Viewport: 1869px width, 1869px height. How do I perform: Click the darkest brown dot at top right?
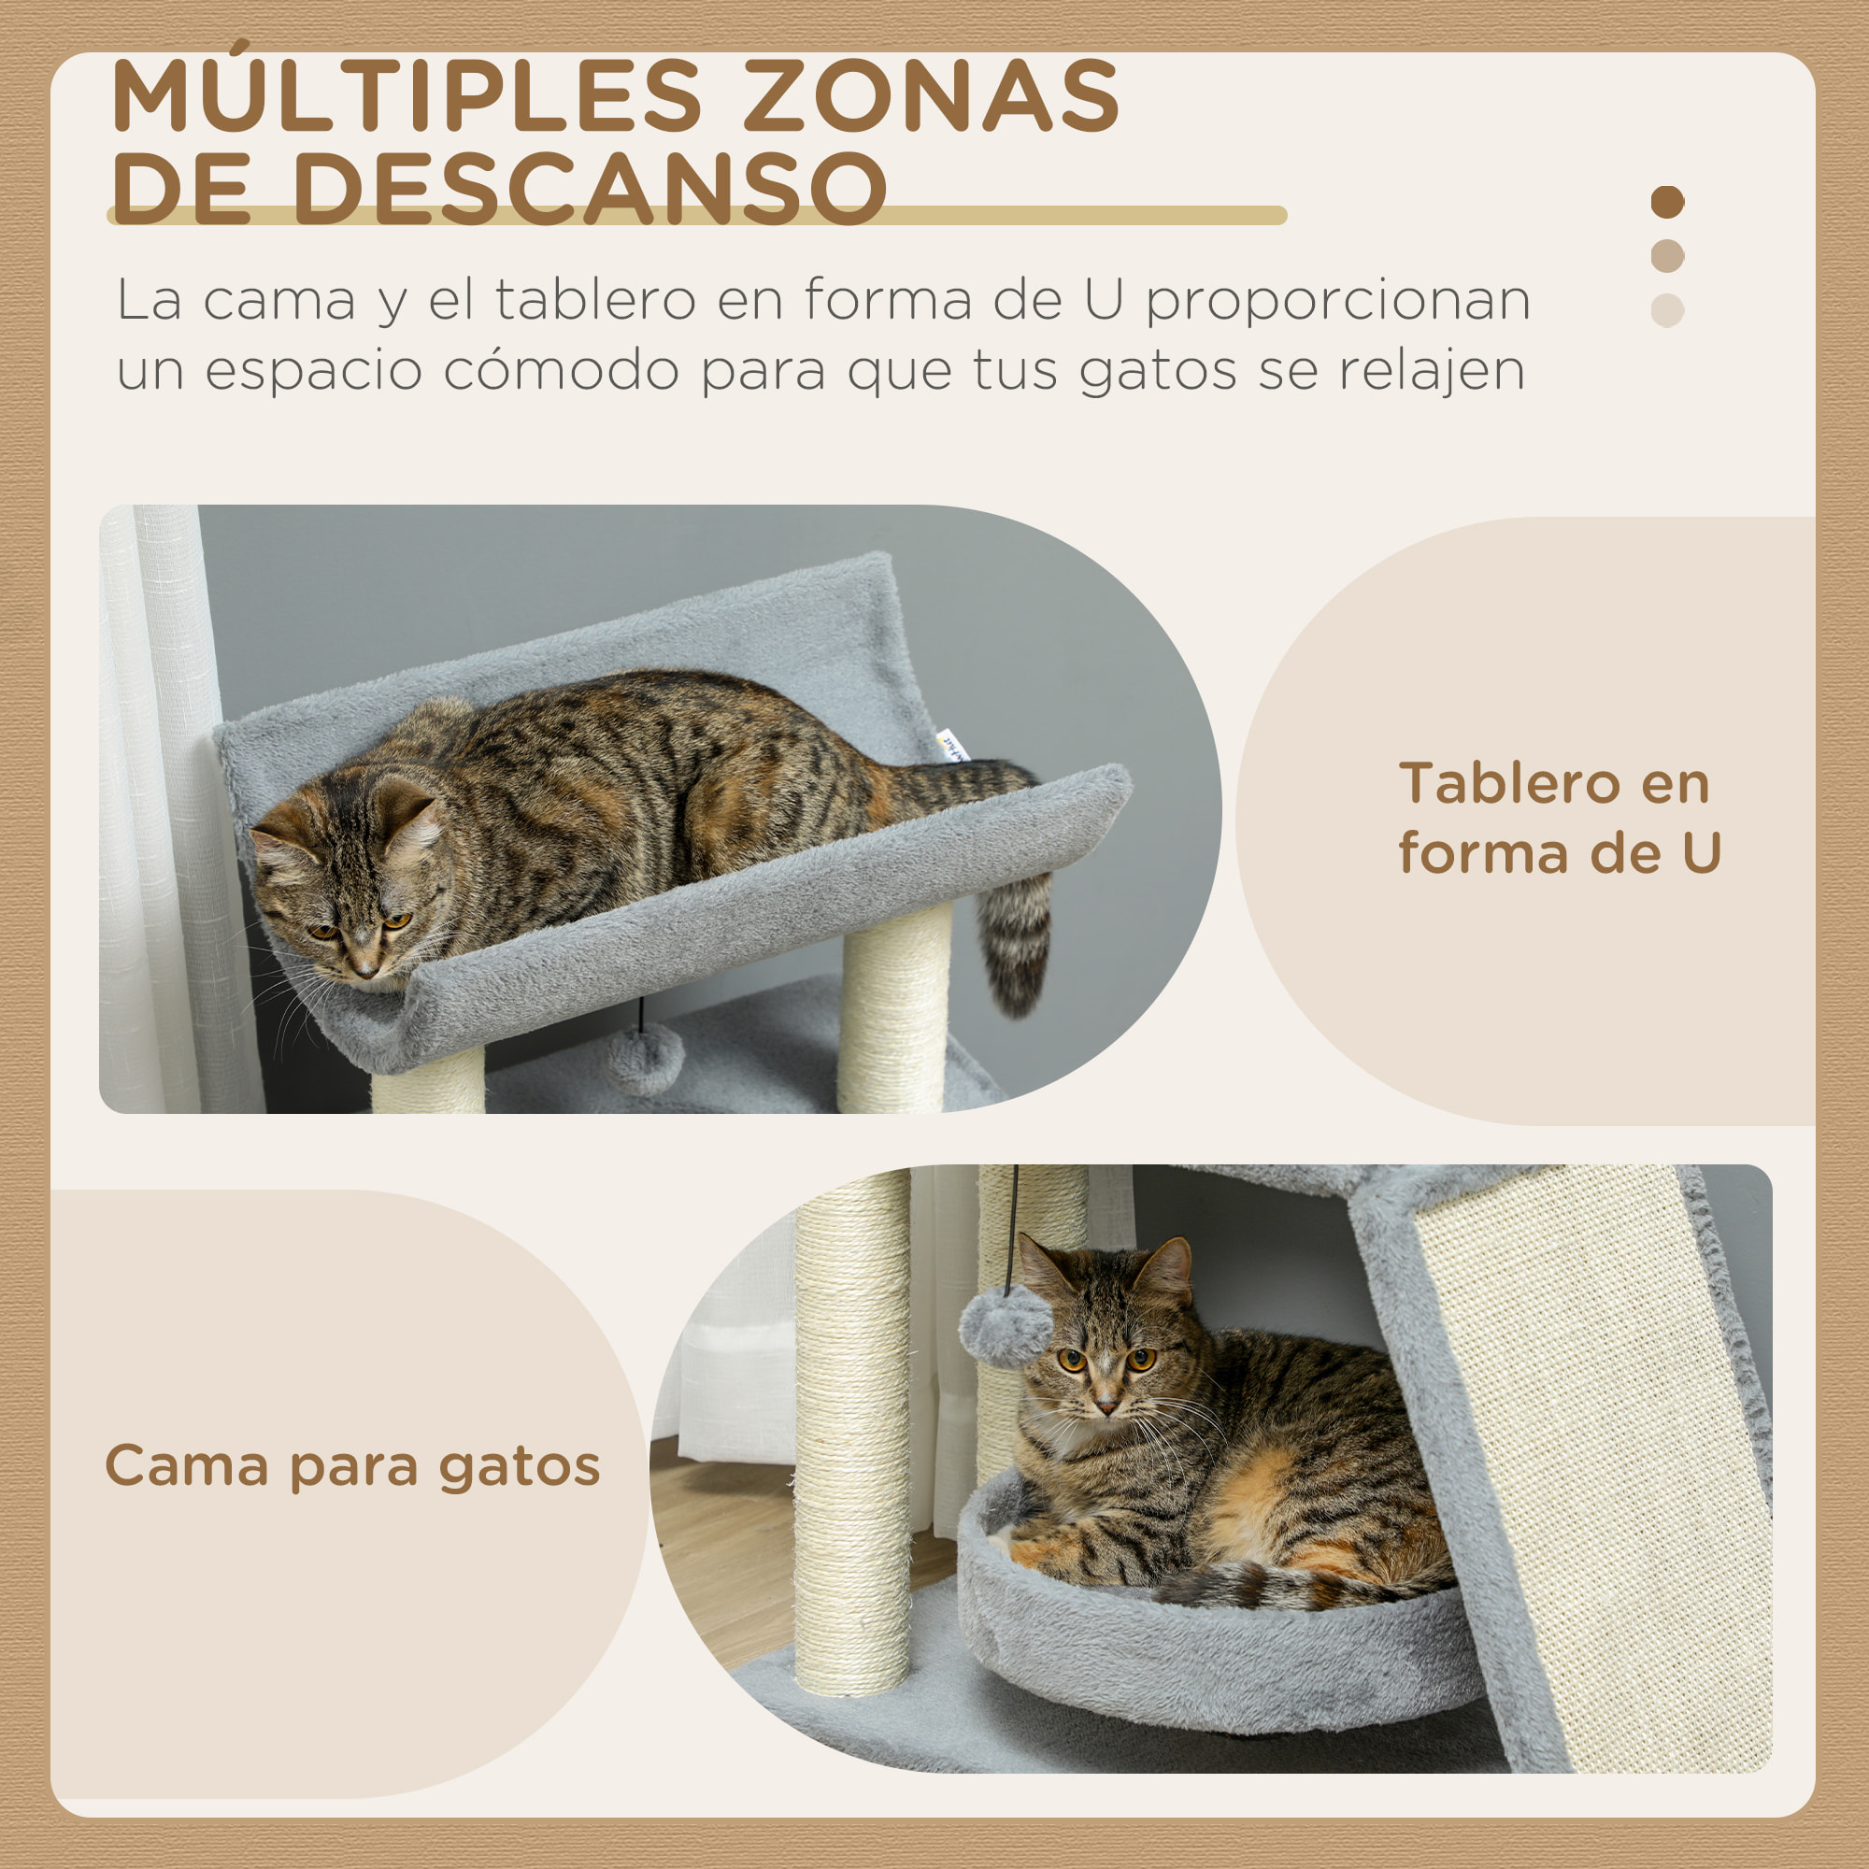tap(1667, 202)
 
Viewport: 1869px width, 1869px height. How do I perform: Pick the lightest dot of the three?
tap(1667, 310)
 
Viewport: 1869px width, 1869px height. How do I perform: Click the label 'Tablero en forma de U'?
tap(1559, 818)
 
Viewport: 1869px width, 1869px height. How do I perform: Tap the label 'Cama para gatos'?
tap(352, 1465)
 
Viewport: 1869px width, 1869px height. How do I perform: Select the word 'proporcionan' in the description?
tap(1338, 300)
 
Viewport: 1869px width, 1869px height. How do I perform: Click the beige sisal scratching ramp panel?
tap(1587, 1451)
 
